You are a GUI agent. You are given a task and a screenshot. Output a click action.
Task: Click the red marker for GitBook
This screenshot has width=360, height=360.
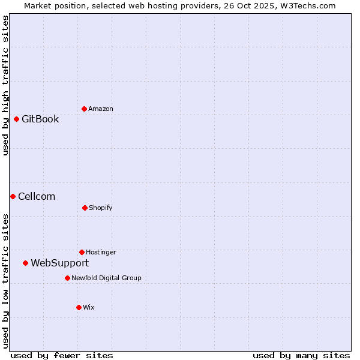pos(16,119)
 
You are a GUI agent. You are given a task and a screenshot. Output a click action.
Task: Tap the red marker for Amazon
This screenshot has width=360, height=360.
pos(84,109)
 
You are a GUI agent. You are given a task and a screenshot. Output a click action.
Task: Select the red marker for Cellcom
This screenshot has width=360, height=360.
pos(13,196)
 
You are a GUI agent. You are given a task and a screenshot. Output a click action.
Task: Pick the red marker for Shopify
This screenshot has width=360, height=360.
pos(85,208)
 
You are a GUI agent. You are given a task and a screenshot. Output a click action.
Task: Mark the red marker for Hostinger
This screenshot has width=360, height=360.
pos(82,252)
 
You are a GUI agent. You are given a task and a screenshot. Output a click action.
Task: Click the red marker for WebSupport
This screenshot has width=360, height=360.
pos(25,263)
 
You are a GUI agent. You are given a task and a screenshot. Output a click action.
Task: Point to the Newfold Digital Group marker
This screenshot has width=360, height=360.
pos(67,278)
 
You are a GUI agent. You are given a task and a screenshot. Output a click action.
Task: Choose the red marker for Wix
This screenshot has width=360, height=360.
pos(79,307)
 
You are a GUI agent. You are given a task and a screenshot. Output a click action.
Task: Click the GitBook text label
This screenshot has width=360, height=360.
pos(40,119)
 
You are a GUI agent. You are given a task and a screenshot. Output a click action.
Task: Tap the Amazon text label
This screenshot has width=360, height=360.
pos(101,109)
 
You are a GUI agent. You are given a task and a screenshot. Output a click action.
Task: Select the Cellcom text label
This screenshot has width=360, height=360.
pos(37,196)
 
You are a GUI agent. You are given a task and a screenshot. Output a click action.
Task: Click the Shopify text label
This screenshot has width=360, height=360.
pos(101,208)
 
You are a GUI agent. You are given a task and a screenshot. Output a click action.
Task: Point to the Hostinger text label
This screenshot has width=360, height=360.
pos(101,252)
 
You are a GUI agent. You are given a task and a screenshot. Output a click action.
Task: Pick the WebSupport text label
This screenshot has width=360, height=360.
pos(59,263)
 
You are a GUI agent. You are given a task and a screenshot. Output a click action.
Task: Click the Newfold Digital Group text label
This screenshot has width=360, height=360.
pos(106,278)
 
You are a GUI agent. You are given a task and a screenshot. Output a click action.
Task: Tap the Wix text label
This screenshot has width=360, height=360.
pos(89,307)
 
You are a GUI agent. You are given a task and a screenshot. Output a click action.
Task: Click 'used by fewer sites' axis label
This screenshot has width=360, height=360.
pos(62,355)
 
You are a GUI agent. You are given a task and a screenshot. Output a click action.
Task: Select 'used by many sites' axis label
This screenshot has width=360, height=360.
pos(301,355)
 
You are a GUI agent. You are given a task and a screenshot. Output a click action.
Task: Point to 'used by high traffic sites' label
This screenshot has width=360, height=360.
pos(5,85)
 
